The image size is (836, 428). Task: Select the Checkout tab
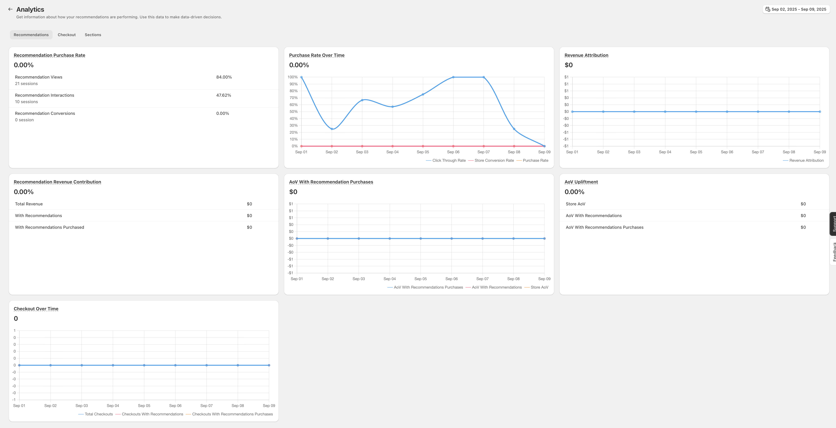(x=67, y=35)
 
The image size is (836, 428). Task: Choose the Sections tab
(x=93, y=35)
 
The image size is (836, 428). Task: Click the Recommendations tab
(x=31, y=35)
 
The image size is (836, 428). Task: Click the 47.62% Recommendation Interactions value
(x=224, y=95)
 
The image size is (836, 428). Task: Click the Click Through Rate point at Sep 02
(x=332, y=129)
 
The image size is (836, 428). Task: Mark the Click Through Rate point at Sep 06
(x=453, y=77)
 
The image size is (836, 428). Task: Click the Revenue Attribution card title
(x=586, y=55)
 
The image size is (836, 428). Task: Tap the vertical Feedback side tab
(x=833, y=252)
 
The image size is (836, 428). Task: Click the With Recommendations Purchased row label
(x=49, y=227)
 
